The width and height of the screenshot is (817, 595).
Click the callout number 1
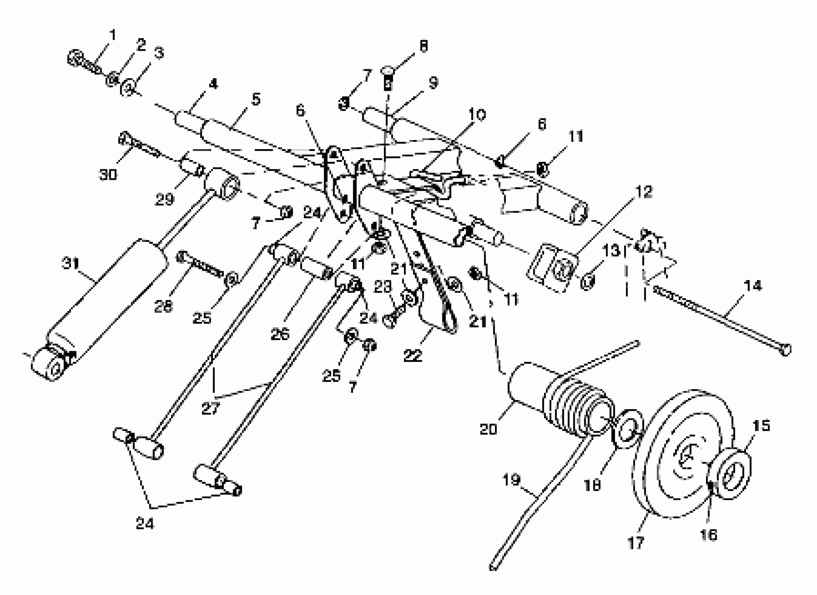(113, 35)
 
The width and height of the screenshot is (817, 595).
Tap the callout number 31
(71, 264)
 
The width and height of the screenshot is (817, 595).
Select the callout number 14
(753, 286)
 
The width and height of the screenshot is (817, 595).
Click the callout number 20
(488, 429)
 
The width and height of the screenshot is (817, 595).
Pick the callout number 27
(210, 409)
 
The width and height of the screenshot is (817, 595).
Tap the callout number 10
(477, 115)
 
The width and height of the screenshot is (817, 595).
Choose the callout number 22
(413, 356)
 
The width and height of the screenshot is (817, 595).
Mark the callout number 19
(511, 480)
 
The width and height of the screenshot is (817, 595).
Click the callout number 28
(163, 307)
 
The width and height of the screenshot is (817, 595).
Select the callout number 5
(256, 99)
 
